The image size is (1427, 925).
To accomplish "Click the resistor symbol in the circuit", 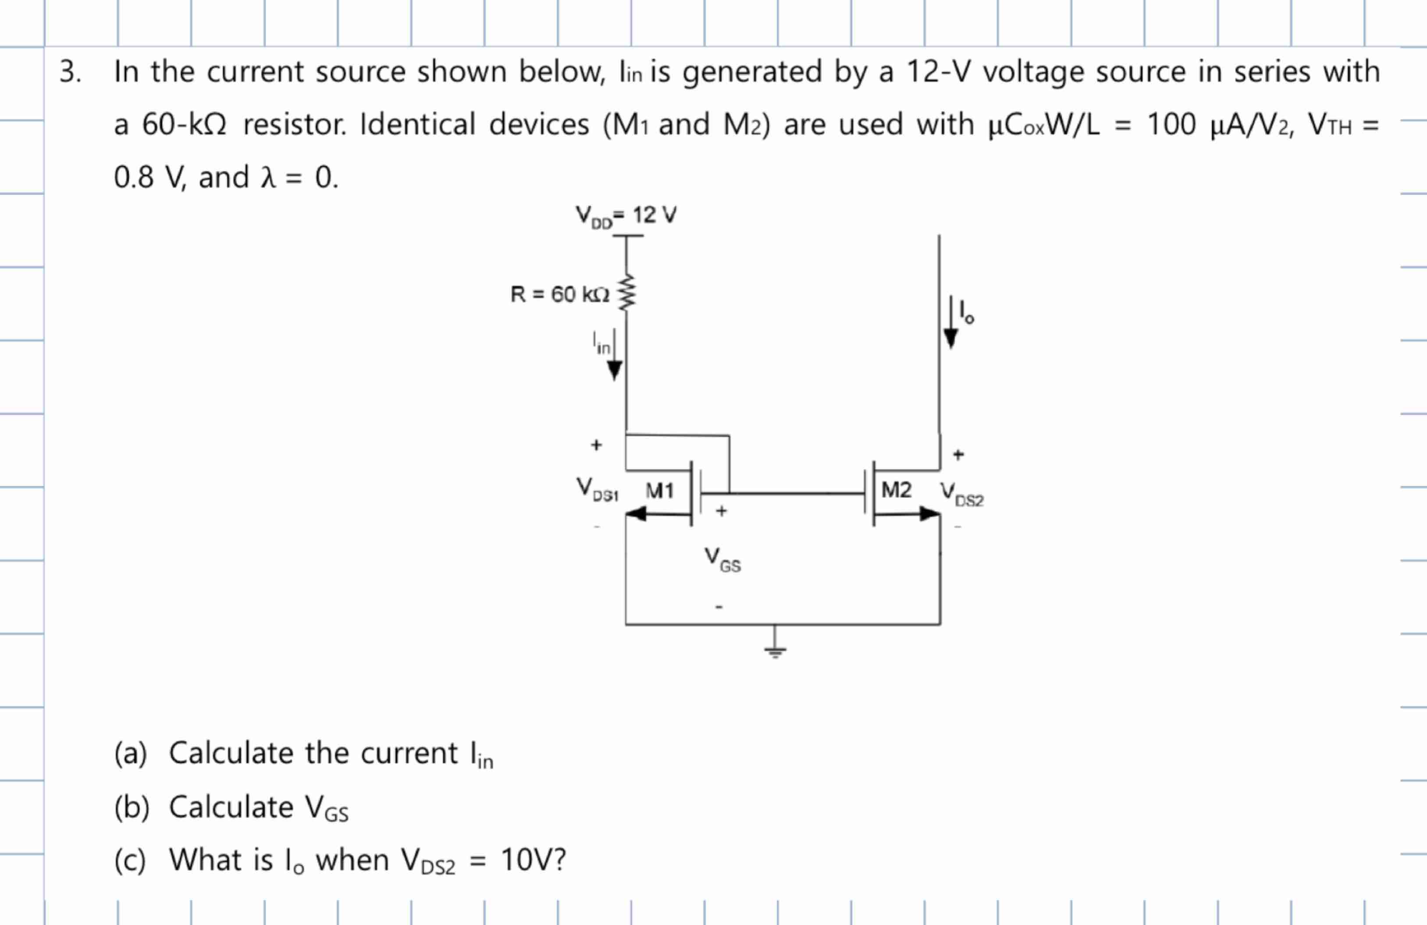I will click(626, 292).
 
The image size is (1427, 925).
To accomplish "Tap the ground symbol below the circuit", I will click(775, 650).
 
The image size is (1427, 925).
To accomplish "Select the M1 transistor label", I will click(659, 491).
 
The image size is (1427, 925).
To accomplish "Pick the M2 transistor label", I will click(896, 489).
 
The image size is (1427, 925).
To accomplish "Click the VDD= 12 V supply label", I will click(626, 215).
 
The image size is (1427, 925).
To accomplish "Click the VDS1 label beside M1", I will click(597, 489).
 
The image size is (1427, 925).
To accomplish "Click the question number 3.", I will click(70, 72).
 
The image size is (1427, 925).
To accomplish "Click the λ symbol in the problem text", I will click(268, 178).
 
